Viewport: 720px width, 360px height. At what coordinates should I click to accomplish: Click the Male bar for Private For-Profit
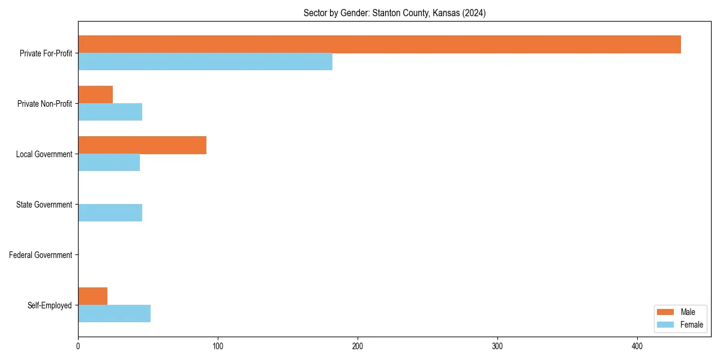379,44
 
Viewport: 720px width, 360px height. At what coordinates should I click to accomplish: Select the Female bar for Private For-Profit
205,61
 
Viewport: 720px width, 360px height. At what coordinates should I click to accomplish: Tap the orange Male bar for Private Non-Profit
95,95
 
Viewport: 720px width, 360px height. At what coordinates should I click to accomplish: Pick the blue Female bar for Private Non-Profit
110,112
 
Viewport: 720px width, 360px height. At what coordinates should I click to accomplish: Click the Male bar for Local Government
142,145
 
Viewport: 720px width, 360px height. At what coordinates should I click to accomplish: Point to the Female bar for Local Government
109,162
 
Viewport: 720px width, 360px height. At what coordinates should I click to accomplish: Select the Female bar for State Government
110,212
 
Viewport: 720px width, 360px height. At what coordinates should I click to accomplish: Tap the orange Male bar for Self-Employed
92,296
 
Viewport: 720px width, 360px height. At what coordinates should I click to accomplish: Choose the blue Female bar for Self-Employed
114,313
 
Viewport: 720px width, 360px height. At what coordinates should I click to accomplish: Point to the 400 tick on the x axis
637,346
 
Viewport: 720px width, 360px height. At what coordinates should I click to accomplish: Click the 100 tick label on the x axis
218,346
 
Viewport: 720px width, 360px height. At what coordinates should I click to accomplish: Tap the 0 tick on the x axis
78,346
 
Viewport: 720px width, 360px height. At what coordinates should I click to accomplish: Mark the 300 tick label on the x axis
497,346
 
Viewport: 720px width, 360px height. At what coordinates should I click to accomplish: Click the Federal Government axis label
41,255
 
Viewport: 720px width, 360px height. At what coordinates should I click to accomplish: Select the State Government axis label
44,205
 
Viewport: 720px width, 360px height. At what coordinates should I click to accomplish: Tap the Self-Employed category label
49,305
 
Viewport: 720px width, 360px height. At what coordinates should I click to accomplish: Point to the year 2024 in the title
474,13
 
